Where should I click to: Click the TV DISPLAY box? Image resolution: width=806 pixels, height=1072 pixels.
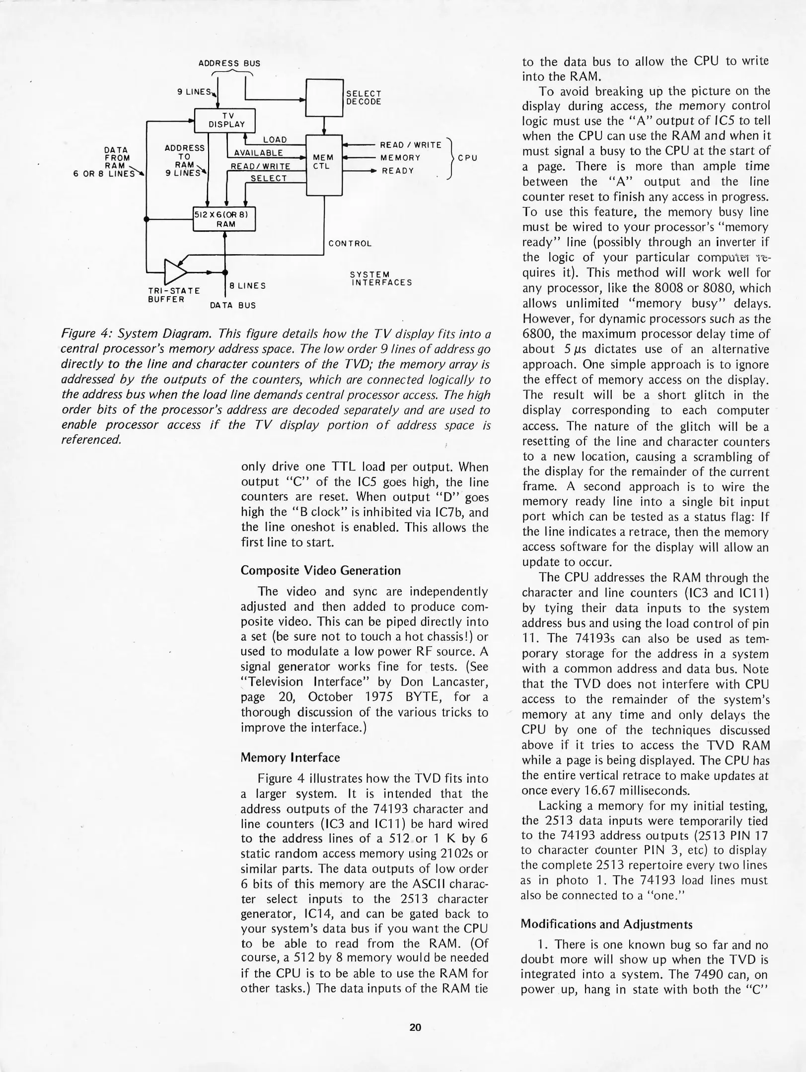click(224, 120)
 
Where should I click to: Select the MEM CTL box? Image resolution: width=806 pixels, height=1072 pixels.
click(324, 164)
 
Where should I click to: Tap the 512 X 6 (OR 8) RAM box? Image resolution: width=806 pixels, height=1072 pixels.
click(224, 219)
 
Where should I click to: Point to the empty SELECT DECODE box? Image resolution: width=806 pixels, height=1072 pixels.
click(325, 98)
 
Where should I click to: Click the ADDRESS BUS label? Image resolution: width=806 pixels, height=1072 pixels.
click(229, 64)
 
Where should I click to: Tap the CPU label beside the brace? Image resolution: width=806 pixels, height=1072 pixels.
click(467, 158)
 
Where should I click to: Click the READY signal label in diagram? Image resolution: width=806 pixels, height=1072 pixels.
click(397, 171)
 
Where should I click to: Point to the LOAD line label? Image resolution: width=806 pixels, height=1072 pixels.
click(275, 140)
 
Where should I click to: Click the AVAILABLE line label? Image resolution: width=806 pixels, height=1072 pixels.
click(258, 153)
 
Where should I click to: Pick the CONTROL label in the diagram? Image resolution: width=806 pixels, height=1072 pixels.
click(350, 244)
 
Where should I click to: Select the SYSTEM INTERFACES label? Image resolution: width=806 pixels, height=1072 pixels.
click(380, 278)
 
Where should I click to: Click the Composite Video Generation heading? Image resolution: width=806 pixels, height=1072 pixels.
click(320, 570)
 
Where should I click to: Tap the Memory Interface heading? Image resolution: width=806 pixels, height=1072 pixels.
click(290, 757)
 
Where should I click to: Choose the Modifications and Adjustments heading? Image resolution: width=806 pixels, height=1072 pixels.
click(606, 924)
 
